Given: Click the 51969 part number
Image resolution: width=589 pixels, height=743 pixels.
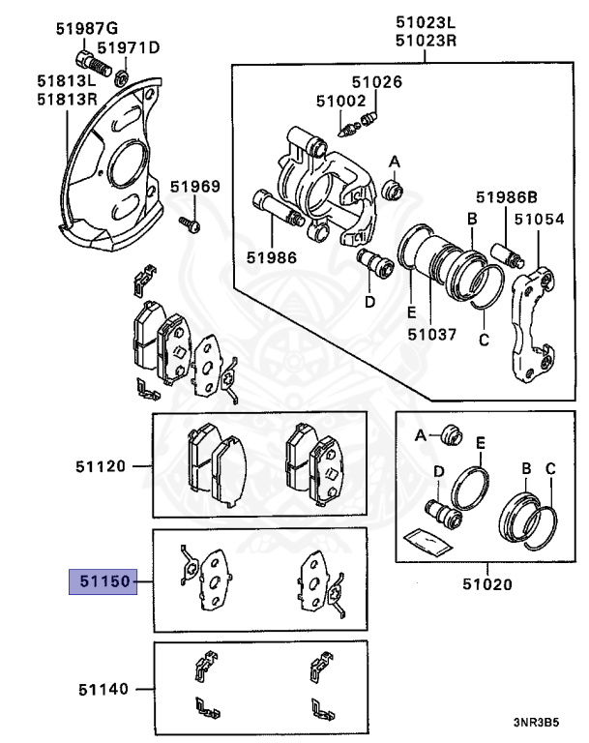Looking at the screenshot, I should [195, 187].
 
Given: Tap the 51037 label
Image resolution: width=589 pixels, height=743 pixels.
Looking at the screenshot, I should [431, 335].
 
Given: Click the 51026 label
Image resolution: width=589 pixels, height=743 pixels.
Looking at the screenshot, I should [376, 83].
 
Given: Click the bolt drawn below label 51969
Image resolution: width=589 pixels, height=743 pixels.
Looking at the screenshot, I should [190, 224].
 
